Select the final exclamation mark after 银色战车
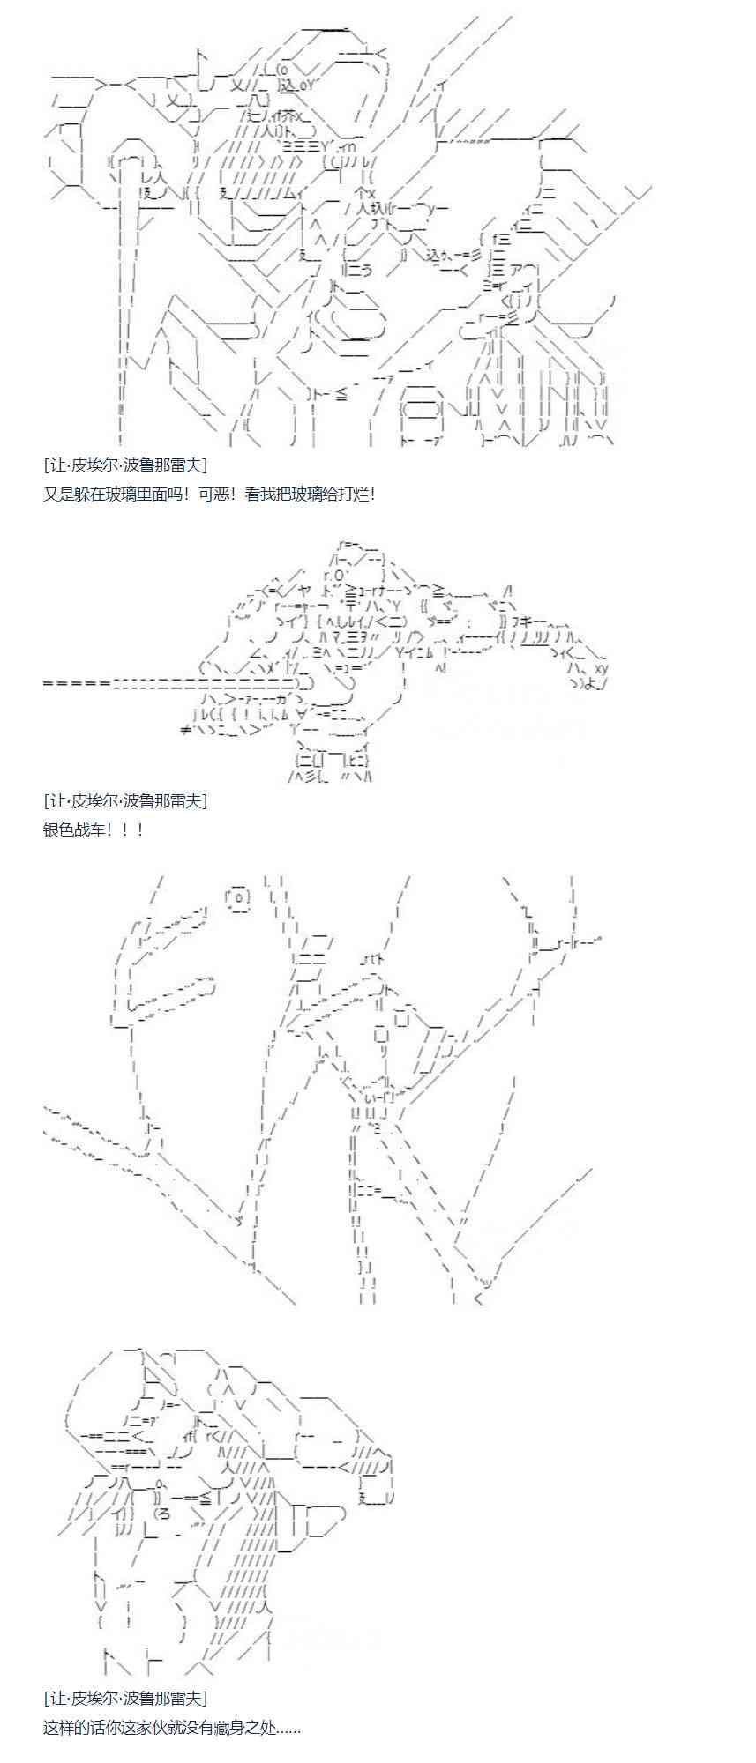[138, 829]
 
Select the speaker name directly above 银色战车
[124, 800]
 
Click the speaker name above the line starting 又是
[124, 465]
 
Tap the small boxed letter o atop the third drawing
[239, 896]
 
